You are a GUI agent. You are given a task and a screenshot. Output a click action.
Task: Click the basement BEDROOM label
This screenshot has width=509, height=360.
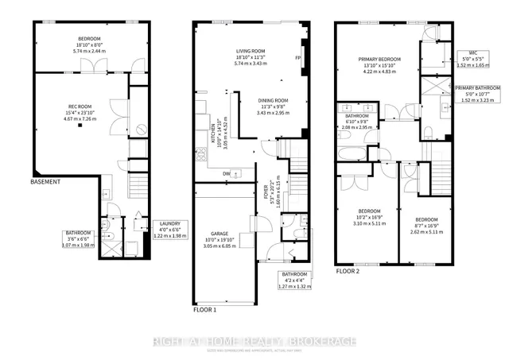[89, 37]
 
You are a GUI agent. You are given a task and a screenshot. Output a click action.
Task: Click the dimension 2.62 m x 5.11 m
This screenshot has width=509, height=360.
[427, 225]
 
